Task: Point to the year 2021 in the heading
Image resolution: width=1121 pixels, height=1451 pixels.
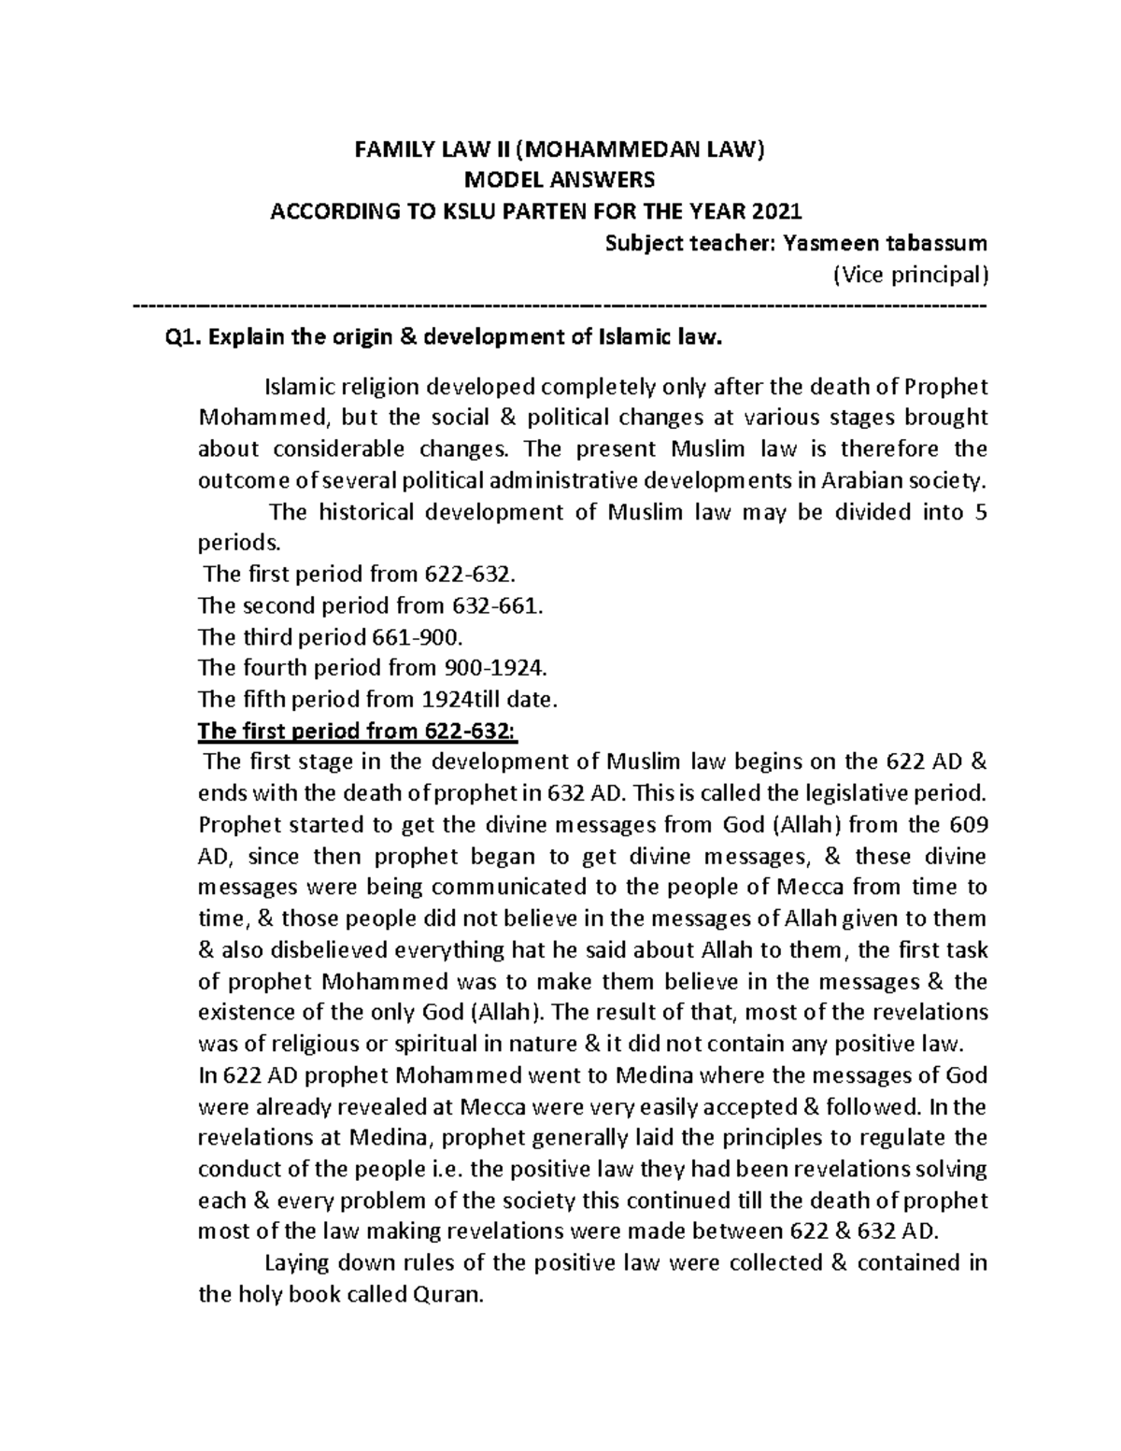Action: pyautogui.click(x=780, y=211)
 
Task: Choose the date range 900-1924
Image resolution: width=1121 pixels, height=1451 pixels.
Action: pyautogui.click(x=492, y=668)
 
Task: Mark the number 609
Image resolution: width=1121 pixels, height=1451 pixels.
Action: pyautogui.click(x=968, y=825)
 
